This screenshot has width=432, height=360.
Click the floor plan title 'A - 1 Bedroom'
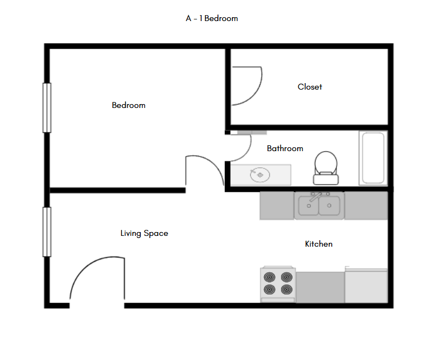(x=212, y=18)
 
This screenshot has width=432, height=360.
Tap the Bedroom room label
(x=128, y=105)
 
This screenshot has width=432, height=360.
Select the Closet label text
(x=310, y=87)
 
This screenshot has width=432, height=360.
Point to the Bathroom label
(x=285, y=148)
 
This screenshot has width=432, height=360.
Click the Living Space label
(x=144, y=234)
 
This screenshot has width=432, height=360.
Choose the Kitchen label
(x=319, y=244)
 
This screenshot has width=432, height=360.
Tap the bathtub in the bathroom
(x=373, y=158)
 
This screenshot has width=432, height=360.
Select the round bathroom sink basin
(x=260, y=175)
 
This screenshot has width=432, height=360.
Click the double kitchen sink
(x=319, y=206)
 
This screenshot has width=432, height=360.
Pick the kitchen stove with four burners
(x=278, y=284)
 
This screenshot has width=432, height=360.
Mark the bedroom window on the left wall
(x=47, y=107)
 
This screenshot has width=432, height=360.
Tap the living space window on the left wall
(x=47, y=232)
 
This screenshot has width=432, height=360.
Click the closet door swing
(x=247, y=85)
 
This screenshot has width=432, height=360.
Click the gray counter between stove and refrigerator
(x=320, y=287)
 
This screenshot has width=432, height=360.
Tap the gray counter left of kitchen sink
(x=277, y=206)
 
